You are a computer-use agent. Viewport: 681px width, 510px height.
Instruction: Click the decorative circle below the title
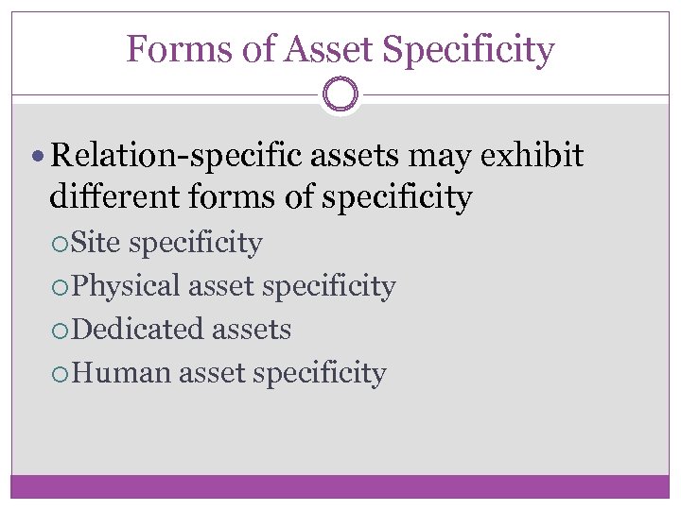tap(340, 95)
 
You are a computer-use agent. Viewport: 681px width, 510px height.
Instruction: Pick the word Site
tap(96, 243)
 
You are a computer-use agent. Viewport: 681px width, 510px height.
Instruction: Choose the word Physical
tap(126, 286)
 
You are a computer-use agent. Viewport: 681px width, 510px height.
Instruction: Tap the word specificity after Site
tap(196, 244)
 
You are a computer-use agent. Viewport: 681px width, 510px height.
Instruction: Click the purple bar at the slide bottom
tap(340, 485)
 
